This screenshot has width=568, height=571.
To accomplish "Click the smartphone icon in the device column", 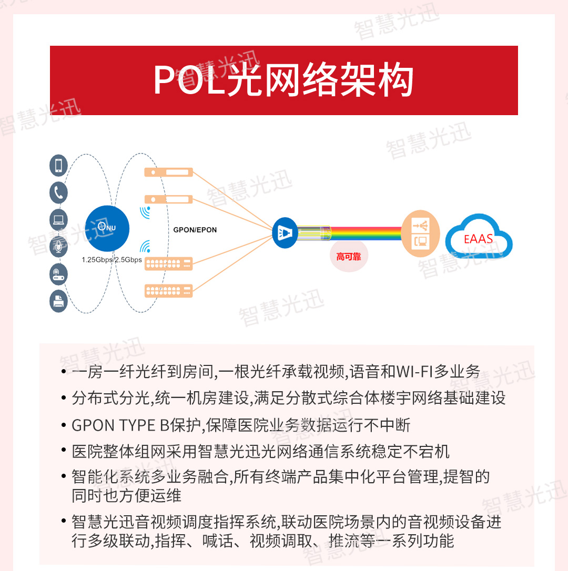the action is (x=58, y=165).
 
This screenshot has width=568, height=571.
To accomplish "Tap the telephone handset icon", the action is (x=58, y=192).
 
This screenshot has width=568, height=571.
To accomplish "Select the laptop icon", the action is (x=58, y=220).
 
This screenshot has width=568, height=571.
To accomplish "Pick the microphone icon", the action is (x=58, y=247).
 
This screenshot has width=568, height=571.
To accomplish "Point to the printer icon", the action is (x=58, y=301).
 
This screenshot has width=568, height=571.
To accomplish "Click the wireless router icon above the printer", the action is (x=58, y=274).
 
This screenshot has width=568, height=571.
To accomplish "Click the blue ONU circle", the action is (x=107, y=229).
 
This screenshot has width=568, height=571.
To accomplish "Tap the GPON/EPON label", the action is (x=195, y=230).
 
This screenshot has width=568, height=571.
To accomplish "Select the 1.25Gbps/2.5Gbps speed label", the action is (x=111, y=260).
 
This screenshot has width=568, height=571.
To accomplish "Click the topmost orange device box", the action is (x=168, y=172).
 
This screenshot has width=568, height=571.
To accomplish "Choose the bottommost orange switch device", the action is (x=168, y=291).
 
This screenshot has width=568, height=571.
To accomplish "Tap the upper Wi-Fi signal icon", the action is (x=145, y=212).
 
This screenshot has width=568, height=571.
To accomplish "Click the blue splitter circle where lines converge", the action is (x=285, y=233).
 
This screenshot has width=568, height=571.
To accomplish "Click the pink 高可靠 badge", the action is (x=349, y=257).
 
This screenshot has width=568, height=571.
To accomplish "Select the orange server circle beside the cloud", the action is (x=420, y=233).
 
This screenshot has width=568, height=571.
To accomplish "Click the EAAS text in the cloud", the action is (x=478, y=239).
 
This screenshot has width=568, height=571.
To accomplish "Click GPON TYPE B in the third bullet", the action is (x=120, y=425).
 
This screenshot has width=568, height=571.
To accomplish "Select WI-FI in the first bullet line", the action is (x=414, y=372).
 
